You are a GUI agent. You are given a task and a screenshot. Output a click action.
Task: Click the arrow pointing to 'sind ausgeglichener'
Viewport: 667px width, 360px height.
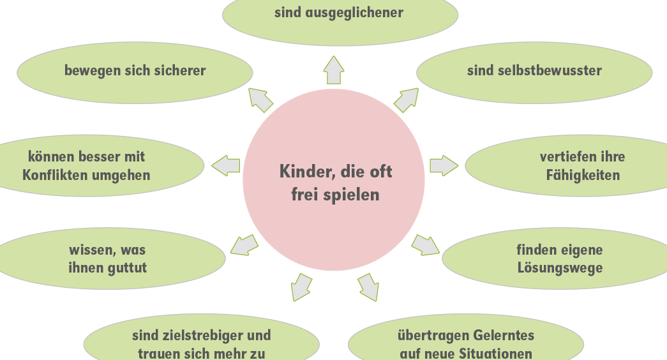coord(333,70)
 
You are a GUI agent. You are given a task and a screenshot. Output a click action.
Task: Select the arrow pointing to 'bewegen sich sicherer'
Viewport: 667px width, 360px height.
coord(260,100)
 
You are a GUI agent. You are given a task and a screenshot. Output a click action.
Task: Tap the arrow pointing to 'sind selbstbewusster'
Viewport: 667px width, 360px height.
coord(406,100)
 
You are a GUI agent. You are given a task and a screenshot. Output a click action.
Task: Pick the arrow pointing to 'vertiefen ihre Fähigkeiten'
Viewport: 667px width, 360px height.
coord(444,165)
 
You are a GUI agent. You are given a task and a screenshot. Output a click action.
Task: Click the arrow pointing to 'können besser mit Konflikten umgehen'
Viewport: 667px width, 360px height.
coord(225,165)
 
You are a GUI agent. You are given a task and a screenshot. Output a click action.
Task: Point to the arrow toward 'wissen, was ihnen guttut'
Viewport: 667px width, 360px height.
coord(244,246)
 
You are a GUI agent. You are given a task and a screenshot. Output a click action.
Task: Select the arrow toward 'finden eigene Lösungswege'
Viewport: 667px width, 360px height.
coord(425,245)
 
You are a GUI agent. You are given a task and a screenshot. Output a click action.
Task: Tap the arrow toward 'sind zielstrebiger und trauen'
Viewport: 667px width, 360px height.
coord(301,287)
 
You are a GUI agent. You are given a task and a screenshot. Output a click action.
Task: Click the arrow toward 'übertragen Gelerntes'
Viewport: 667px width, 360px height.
coord(368,287)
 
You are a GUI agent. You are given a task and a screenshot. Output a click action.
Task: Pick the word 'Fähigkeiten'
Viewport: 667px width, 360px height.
coord(583,176)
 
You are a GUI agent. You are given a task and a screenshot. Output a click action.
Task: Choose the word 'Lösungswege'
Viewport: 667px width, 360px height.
coord(560,268)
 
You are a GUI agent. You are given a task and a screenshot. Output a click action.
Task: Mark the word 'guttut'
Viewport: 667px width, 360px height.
coord(125,268)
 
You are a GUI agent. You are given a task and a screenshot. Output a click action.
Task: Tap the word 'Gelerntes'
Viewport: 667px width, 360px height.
coord(504,336)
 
